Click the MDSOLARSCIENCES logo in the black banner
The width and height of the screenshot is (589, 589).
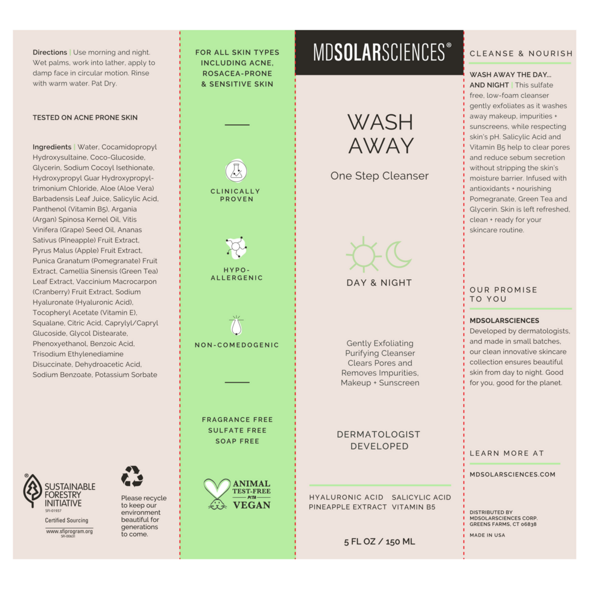point(379,52)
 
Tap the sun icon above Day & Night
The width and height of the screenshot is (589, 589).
point(363,254)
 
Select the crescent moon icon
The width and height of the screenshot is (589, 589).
point(399,254)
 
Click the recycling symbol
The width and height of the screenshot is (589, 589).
point(132,476)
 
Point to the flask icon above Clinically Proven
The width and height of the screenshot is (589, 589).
point(236,171)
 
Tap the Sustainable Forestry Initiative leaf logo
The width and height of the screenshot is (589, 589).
point(32,491)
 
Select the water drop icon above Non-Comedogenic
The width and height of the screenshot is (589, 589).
point(236,325)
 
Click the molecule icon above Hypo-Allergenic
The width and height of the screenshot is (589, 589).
point(236,249)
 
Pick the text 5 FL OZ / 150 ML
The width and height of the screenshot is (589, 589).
point(380,541)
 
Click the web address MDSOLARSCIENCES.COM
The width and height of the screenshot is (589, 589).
point(512,474)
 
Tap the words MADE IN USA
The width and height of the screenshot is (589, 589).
point(487,535)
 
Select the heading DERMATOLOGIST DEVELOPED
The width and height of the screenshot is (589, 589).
point(379,440)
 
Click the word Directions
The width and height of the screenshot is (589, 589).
point(50,52)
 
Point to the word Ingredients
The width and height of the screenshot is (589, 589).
point(52,147)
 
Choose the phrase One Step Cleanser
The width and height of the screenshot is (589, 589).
point(379,176)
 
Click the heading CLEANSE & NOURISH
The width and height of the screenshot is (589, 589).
point(521,54)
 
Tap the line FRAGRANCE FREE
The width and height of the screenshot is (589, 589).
point(237,419)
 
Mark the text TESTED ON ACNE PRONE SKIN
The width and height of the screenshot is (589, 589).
point(85,117)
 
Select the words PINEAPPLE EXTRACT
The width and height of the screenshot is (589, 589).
point(348,507)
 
